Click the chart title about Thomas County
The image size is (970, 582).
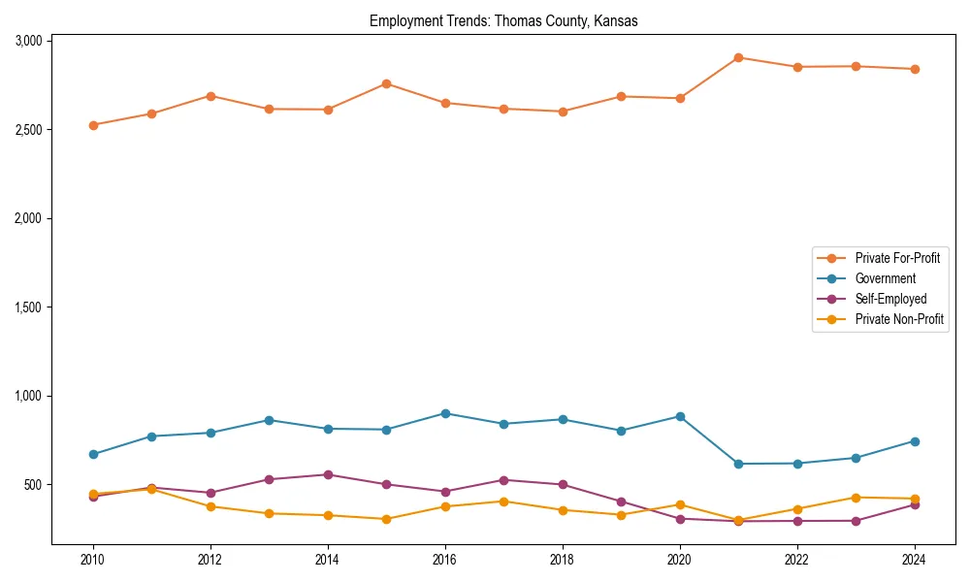coord(503,21)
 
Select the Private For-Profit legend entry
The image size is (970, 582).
coord(897,258)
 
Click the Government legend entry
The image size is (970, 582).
coord(885,278)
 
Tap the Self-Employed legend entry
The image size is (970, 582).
coord(890,299)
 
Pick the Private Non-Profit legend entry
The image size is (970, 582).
coord(899,319)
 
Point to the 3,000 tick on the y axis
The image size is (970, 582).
coord(28,41)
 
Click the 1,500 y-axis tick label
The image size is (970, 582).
coord(28,307)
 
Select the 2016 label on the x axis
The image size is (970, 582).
coord(444,559)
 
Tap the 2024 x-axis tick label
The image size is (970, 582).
coord(914,559)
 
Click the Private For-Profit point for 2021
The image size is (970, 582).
coord(738,57)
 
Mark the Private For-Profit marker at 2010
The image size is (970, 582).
coord(93,125)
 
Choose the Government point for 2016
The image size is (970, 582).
coord(445,413)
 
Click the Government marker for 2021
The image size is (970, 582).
coord(738,464)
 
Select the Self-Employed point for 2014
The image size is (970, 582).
coord(328,474)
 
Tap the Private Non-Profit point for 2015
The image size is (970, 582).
coord(386,519)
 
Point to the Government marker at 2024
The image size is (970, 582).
coord(914,441)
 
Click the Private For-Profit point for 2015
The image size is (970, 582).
coord(386,83)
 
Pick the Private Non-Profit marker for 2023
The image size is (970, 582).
coord(856,498)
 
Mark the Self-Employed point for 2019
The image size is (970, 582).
coord(621,501)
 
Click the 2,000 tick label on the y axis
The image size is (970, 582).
coord(28,218)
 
